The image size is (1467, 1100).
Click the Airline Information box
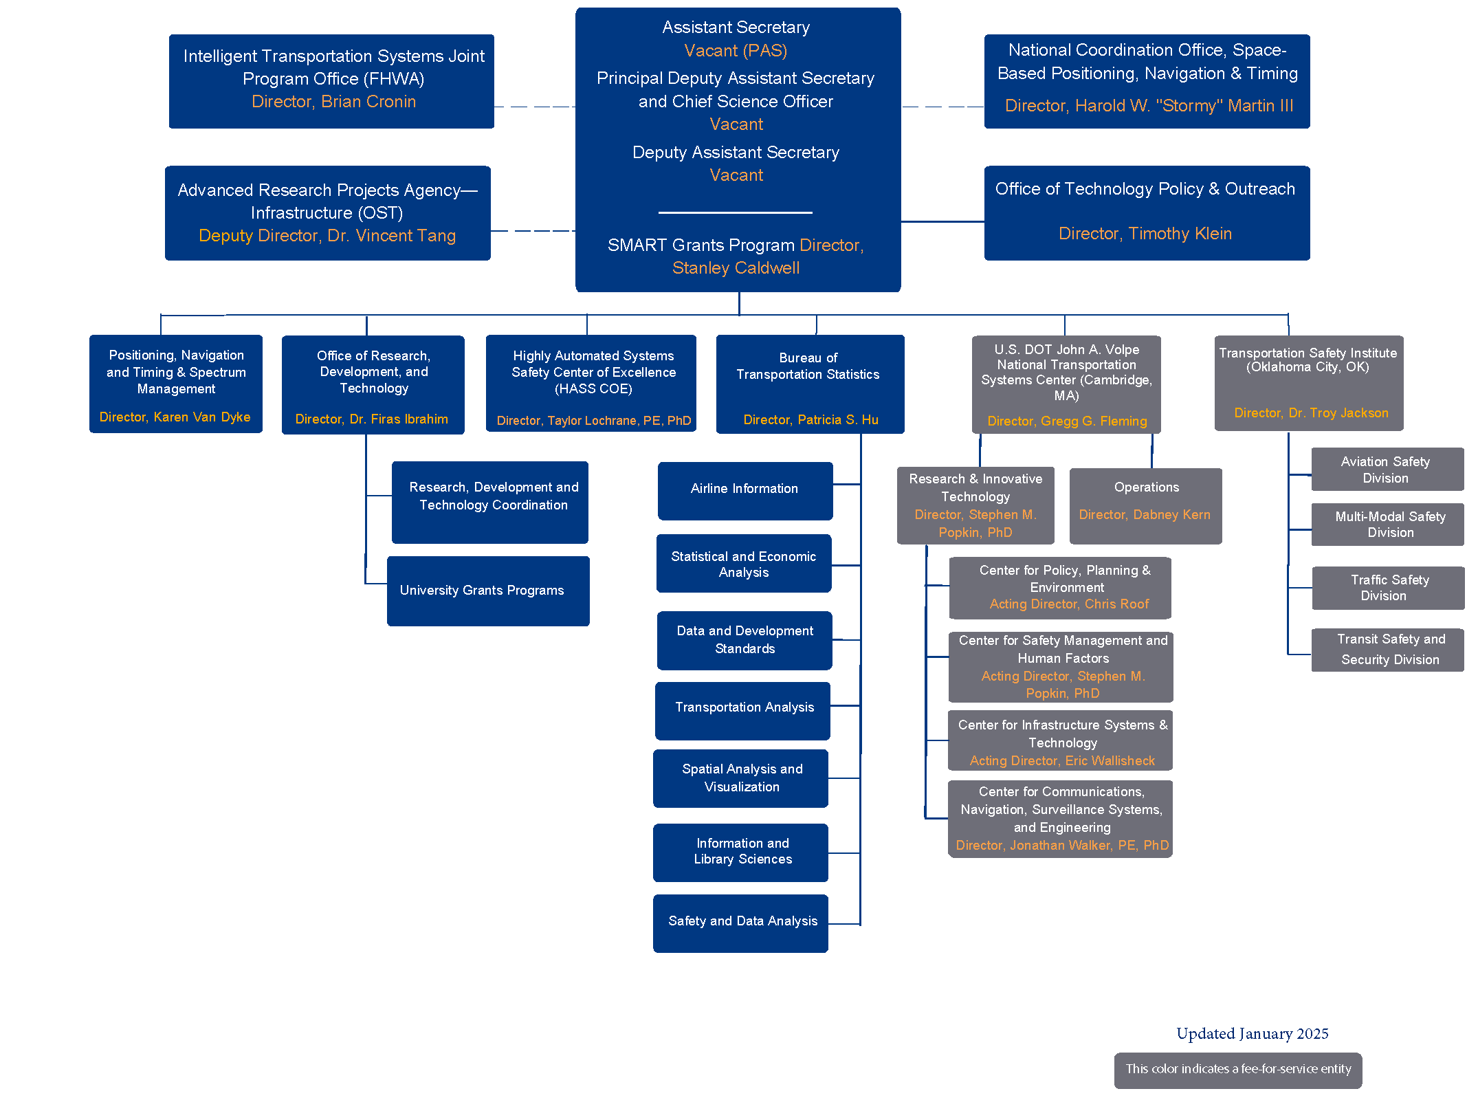coord(744,489)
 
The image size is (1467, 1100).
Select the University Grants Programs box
coord(487,591)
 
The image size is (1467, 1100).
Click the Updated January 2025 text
coord(1252,1033)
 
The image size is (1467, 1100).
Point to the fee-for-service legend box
coord(1237,1070)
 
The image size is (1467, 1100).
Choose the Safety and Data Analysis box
coord(741,922)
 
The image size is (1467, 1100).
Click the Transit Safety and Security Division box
coord(1388,650)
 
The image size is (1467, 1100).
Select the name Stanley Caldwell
coord(736,268)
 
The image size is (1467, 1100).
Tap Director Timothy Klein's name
coord(1180,234)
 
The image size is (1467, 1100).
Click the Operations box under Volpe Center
coord(1145,505)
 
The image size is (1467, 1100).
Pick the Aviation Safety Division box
coord(1387,470)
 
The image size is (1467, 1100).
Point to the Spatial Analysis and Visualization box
coord(741,778)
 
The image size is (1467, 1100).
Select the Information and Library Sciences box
coord(741,852)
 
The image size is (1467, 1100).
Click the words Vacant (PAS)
coord(736,51)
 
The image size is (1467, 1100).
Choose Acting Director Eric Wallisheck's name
coord(1110,761)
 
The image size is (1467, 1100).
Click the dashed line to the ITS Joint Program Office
coord(534,107)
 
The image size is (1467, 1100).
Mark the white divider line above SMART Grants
coord(735,212)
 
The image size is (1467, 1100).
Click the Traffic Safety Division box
coord(1388,588)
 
